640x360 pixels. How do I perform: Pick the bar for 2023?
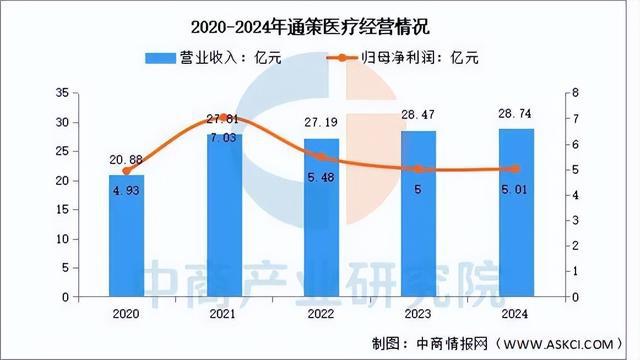pyautogui.click(x=417, y=214)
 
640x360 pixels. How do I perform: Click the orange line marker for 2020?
pyautogui.click(x=126, y=171)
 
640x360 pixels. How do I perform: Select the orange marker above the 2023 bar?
pyautogui.click(x=417, y=169)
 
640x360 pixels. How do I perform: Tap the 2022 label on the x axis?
pyautogui.click(x=320, y=312)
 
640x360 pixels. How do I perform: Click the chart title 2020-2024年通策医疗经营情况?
pyautogui.click(x=319, y=20)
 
